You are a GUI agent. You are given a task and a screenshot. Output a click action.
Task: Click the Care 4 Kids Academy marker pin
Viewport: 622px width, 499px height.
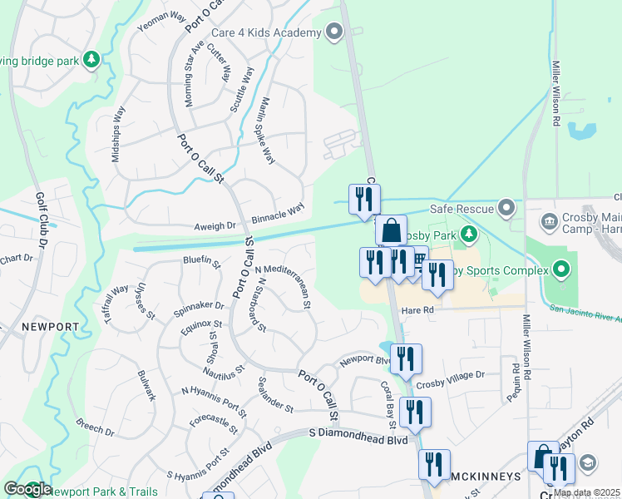[x=335, y=32]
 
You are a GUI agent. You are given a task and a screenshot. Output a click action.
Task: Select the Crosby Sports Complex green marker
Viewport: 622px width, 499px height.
[x=561, y=269]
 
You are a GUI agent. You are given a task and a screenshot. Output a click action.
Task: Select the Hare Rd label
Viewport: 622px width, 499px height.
[x=418, y=309]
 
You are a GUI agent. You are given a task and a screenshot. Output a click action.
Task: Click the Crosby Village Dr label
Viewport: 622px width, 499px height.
[x=450, y=375]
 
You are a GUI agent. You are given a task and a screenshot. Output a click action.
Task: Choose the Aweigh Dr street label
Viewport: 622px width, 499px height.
[x=215, y=226]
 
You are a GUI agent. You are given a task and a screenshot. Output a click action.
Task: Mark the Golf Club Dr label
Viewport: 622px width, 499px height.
[x=40, y=220]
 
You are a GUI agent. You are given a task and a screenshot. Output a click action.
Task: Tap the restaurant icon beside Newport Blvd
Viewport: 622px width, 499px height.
[x=406, y=359]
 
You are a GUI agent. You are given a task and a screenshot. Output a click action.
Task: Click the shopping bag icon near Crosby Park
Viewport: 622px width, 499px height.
[x=391, y=231]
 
